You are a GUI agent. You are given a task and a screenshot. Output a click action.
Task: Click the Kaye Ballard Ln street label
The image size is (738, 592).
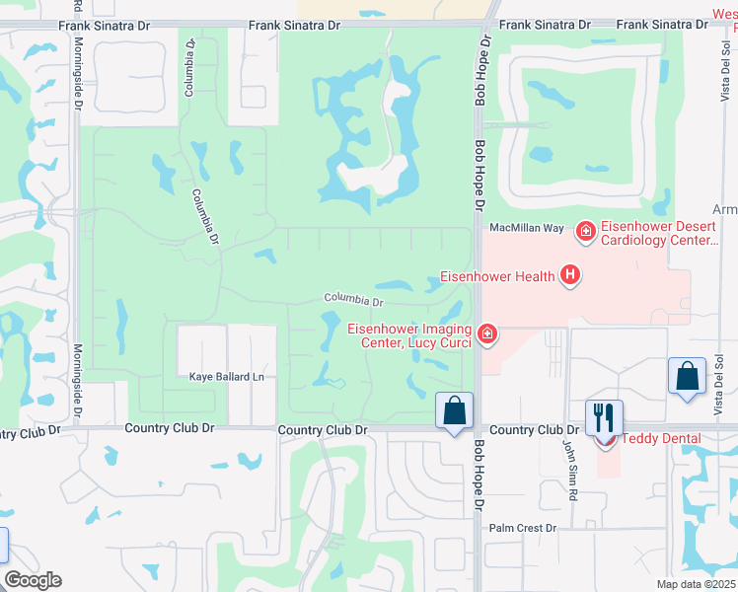tap(227, 376)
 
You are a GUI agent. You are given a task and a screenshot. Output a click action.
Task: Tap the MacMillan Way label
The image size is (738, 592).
tap(527, 228)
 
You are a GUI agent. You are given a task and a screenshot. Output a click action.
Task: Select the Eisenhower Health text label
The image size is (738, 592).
tap(497, 276)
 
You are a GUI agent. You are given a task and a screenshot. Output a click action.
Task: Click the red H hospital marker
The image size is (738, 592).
tap(569, 276)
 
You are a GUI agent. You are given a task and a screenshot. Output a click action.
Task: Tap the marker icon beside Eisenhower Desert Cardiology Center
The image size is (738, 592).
tap(586, 232)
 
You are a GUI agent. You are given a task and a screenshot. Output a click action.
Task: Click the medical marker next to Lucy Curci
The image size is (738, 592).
tap(485, 335)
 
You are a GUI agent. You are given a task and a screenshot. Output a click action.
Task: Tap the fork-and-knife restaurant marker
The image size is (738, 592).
tap(604, 416)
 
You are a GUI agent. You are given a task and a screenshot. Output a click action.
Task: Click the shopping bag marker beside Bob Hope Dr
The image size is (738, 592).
tap(455, 410)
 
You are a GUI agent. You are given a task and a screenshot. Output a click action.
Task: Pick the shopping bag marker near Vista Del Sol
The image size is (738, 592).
tap(687, 376)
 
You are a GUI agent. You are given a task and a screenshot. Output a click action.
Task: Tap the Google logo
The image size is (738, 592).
tap(34, 579)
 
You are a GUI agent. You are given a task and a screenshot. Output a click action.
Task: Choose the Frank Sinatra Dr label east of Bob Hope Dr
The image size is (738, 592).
tap(544, 25)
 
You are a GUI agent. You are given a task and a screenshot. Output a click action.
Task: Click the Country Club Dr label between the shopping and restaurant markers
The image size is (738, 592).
tap(533, 430)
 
